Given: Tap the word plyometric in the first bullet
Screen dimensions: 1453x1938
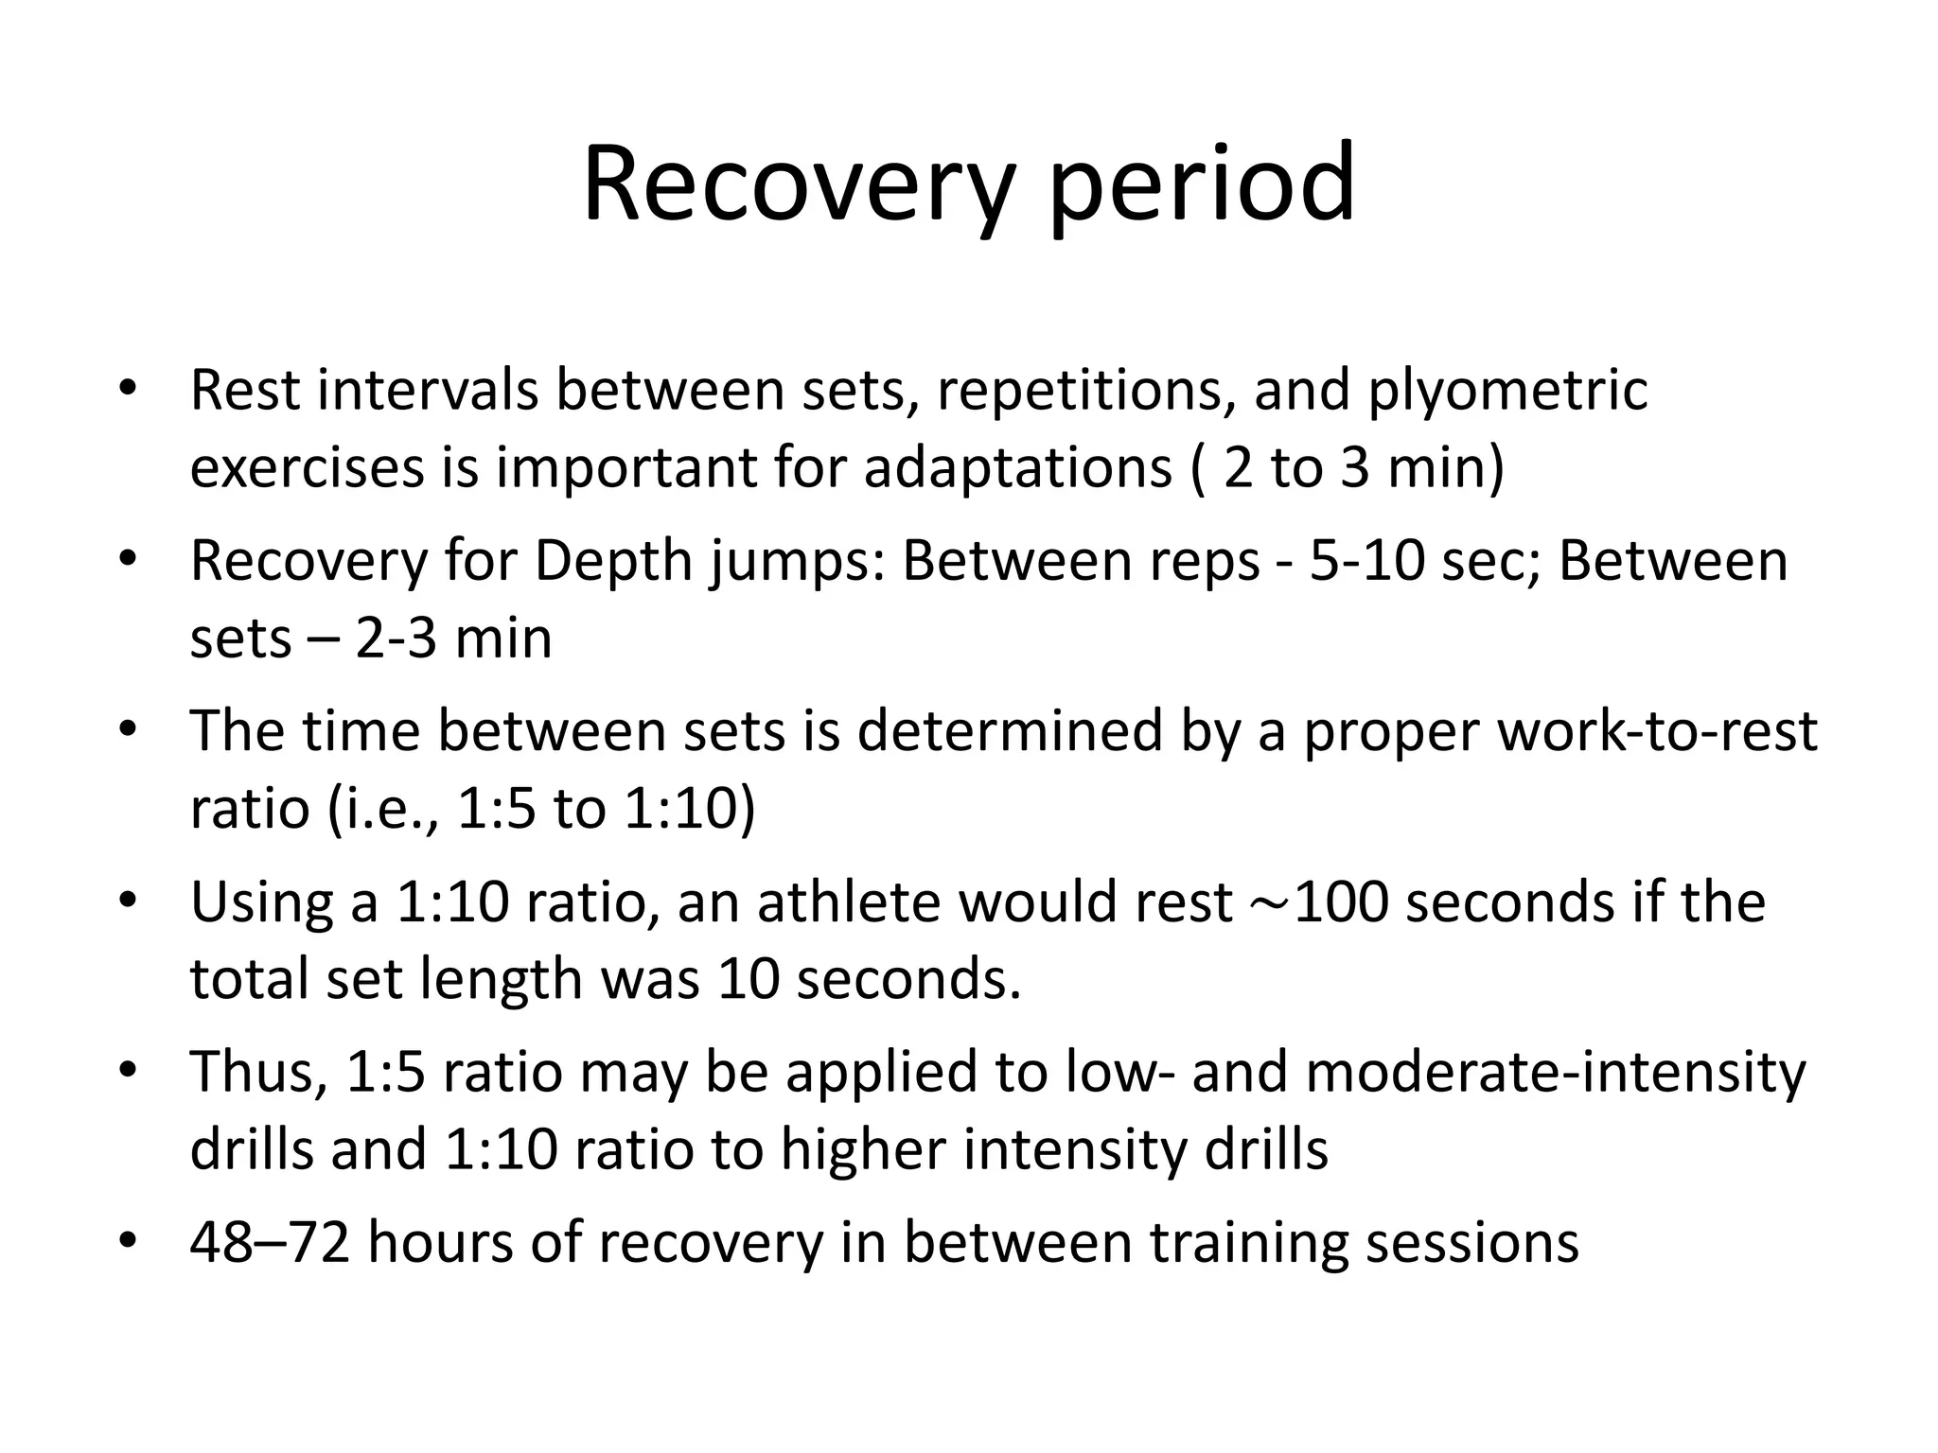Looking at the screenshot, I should coord(1507,390).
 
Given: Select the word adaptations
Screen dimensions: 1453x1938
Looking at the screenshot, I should coord(1017,467).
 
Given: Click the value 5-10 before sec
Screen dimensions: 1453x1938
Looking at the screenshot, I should coord(1367,561).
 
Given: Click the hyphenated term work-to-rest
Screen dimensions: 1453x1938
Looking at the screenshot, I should coord(1656,731).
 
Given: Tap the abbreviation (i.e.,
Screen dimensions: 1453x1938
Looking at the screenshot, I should coord(382,809).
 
